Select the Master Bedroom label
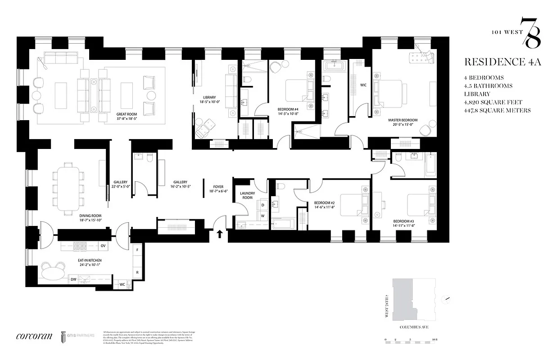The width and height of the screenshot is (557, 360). pos(403,120)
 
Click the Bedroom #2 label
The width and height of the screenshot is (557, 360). pos(324,203)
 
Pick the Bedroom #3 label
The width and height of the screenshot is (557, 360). pos(403,221)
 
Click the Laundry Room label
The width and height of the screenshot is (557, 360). pos(247,196)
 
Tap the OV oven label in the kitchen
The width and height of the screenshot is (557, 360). pos(103,246)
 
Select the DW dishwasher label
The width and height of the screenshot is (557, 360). pos(73,279)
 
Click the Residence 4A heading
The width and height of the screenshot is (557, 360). pos(502,62)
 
